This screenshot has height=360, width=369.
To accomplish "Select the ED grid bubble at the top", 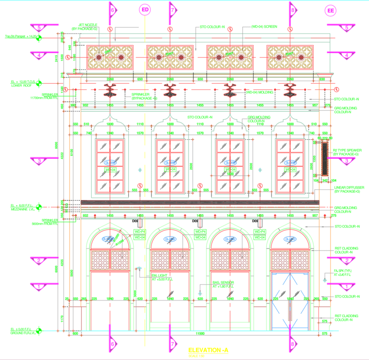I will [x=145, y=10].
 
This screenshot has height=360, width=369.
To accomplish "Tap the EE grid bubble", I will [x=331, y=11].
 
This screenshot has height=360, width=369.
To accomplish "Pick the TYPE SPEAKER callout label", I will [x=347, y=152].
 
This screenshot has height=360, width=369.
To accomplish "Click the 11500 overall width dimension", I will [x=199, y=333].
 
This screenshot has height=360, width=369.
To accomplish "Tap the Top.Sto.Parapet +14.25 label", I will [x=19, y=36].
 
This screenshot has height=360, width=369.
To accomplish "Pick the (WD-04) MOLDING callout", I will [x=262, y=91].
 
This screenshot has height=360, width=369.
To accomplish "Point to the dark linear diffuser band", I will [x=199, y=203].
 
